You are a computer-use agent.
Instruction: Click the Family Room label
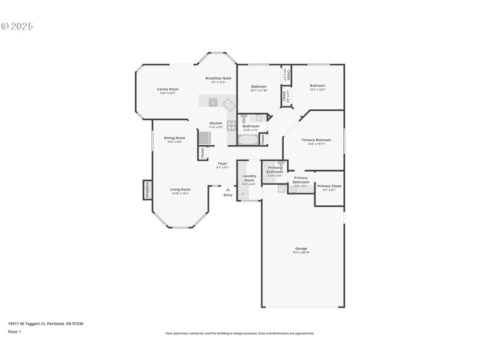tap(167, 89)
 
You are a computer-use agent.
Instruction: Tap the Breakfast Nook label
tap(218, 78)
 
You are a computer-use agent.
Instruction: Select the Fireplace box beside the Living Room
tap(147, 190)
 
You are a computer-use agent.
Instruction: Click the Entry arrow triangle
tap(227, 190)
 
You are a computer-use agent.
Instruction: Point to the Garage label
tap(301, 248)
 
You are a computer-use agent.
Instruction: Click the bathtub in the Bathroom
tap(248, 140)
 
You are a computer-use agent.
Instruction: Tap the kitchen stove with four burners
tap(232, 126)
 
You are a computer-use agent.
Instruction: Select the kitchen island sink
tap(213, 102)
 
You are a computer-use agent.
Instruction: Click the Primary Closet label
tap(329, 186)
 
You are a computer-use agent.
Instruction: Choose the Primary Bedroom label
tap(316, 140)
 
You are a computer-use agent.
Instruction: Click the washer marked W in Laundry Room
tap(244, 194)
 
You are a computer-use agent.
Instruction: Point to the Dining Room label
tap(175, 138)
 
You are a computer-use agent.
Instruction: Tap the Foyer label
tap(223, 163)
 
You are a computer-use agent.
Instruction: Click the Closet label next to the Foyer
tap(203, 153)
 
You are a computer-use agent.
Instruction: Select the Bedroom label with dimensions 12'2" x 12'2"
tap(317, 86)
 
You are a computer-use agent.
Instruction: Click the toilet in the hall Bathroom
tap(244, 118)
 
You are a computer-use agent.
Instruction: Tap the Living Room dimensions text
tap(181, 193)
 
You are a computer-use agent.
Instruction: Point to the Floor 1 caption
tap(14, 331)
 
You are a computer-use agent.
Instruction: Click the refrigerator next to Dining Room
tap(205, 138)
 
